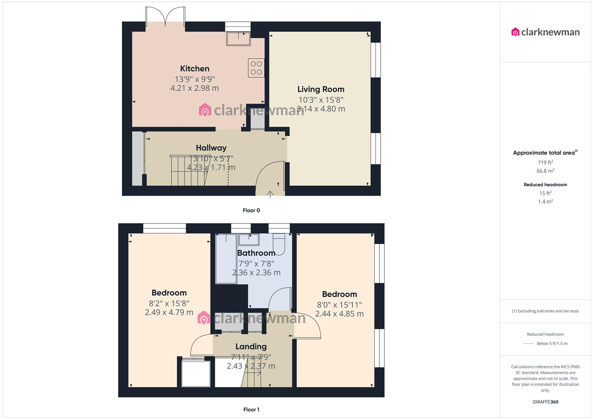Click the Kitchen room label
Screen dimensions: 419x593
click(195, 69)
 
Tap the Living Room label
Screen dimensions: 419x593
click(321, 89)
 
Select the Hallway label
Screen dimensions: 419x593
click(211, 148)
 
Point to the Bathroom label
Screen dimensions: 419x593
click(256, 253)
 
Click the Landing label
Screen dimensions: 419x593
click(251, 346)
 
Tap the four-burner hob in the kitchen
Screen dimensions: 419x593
click(256, 68)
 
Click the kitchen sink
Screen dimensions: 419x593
click(238, 39)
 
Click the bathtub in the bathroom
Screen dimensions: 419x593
click(226, 258)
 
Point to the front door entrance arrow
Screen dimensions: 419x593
click(270, 194)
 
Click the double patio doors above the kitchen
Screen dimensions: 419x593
click(165, 17)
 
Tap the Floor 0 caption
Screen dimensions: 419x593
click(251, 210)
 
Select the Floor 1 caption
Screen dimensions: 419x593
click(251, 409)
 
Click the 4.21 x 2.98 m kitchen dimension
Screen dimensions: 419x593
click(195, 88)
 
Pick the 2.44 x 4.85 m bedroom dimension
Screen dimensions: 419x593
click(339, 314)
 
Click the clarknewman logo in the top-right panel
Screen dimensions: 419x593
click(545, 32)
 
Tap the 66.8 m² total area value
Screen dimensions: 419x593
click(545, 171)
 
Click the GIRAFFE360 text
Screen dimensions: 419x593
click(545, 402)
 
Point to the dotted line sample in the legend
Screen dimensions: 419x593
click(529, 344)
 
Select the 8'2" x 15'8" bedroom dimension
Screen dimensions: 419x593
click(169, 303)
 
